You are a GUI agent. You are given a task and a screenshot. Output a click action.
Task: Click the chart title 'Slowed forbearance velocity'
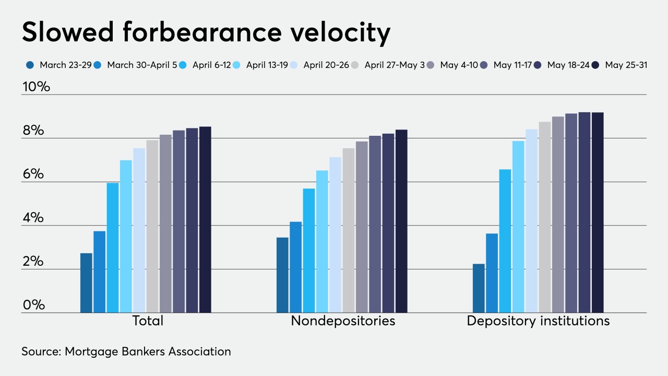pyautogui.click(x=206, y=33)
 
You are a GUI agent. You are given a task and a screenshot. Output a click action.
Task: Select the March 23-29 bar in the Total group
pyautogui.click(x=86, y=283)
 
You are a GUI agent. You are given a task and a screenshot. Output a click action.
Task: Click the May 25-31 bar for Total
pyautogui.click(x=205, y=219)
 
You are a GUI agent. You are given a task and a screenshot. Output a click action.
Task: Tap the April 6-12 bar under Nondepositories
pyautogui.click(x=309, y=251)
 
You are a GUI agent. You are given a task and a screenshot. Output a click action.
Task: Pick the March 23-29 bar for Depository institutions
pyautogui.click(x=479, y=288)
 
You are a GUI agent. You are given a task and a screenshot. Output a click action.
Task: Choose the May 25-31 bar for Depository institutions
pyautogui.click(x=598, y=213)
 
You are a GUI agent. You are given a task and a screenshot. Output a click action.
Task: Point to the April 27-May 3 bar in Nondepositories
pyautogui.click(x=348, y=230)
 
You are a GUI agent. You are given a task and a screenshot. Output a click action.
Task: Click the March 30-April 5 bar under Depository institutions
pyautogui.click(x=492, y=273)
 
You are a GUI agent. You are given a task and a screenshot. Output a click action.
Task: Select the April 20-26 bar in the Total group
pyautogui.click(x=139, y=230)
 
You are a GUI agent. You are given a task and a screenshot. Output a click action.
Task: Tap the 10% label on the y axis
pyautogui.click(x=36, y=87)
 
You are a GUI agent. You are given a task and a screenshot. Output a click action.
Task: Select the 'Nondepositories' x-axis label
pyautogui.click(x=343, y=320)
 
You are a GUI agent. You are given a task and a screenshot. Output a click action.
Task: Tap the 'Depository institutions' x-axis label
pyautogui.click(x=538, y=320)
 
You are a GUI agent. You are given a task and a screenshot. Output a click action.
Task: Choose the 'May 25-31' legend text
pyautogui.click(x=626, y=65)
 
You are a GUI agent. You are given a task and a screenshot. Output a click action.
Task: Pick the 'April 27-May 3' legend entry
pyautogui.click(x=395, y=65)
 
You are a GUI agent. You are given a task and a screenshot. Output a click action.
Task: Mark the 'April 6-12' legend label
pyautogui.click(x=212, y=65)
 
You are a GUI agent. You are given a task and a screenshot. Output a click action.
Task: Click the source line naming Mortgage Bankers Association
pyautogui.click(x=126, y=351)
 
